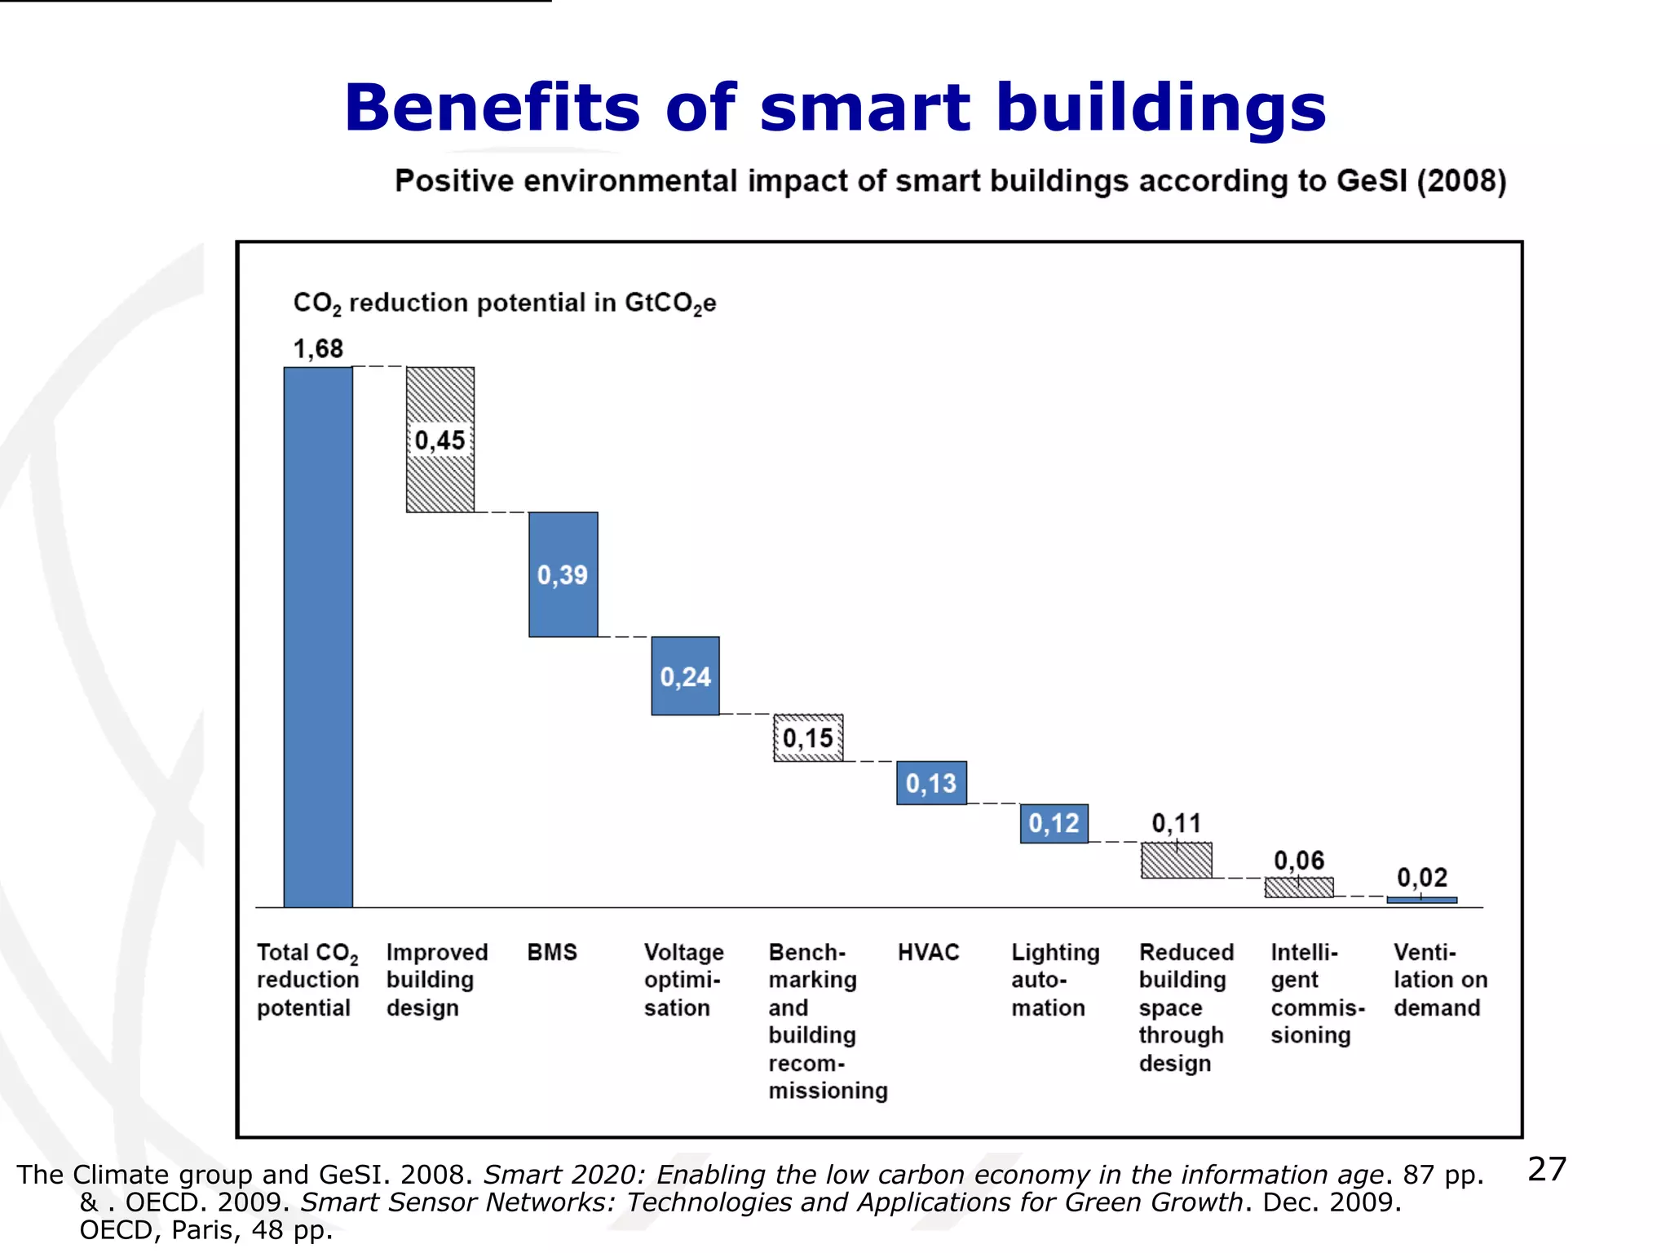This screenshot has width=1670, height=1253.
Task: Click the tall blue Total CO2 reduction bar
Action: click(x=318, y=636)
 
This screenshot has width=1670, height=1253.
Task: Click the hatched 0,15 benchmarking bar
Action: click(x=808, y=738)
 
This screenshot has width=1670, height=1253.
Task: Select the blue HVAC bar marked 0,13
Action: click(x=931, y=783)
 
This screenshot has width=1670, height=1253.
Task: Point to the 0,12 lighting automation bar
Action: click(x=1054, y=823)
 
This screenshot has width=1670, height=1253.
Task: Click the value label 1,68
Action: click(x=318, y=349)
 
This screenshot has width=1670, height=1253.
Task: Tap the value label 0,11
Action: click(x=1176, y=823)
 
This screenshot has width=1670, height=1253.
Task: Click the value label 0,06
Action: click(x=1299, y=860)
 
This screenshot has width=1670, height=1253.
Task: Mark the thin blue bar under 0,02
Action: click(x=1421, y=900)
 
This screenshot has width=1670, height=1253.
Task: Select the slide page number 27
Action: click(x=1547, y=1169)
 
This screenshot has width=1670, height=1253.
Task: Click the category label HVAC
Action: click(x=928, y=952)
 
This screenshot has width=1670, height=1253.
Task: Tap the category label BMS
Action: click(x=552, y=952)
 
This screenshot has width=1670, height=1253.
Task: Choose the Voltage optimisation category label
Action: click(x=683, y=979)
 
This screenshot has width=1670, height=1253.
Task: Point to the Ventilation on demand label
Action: click(x=1439, y=979)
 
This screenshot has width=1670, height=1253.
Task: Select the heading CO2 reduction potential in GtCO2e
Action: click(x=504, y=303)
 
